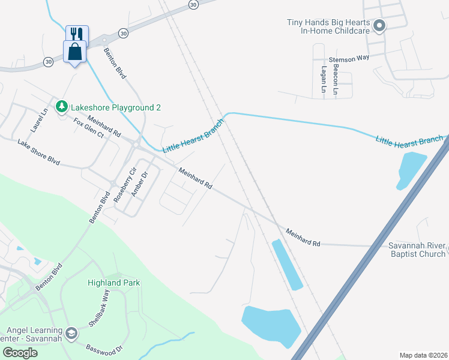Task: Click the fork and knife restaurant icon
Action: coord(76,33)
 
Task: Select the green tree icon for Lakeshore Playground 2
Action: coord(61,107)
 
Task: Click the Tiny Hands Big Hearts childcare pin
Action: coord(379,26)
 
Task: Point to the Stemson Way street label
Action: coord(349,59)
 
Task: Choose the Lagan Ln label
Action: coord(323,80)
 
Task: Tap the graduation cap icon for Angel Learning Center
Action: coord(71,334)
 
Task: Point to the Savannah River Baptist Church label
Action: coord(417,250)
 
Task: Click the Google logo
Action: coord(19,353)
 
